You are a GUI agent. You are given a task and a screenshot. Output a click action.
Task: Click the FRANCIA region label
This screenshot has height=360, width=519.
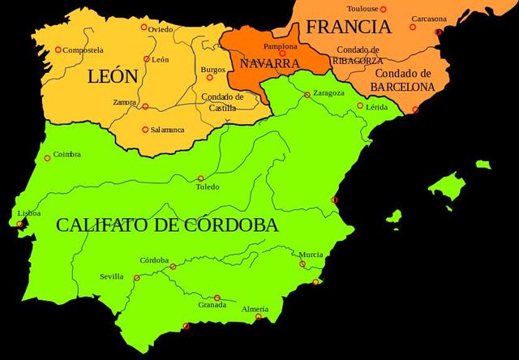pyautogui.click(x=348, y=27)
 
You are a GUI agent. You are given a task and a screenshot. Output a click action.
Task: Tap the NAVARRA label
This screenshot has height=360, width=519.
pyautogui.click(x=266, y=62)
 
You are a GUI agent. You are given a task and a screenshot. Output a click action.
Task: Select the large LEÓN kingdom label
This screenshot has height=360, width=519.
pyautogui.click(x=112, y=79)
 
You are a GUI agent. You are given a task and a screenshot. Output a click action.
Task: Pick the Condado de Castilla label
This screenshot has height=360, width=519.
pyautogui.click(x=219, y=102)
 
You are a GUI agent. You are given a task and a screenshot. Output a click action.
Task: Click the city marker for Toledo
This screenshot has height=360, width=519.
pyautogui.click(x=200, y=178)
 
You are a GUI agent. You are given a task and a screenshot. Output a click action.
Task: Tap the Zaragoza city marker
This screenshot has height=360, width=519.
pyautogui.click(x=307, y=94)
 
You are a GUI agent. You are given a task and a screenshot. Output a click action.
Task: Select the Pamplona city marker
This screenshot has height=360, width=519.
pyautogui.click(x=282, y=54)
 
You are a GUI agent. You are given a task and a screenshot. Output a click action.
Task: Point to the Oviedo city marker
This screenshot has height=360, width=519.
pyautogui.click(x=144, y=27)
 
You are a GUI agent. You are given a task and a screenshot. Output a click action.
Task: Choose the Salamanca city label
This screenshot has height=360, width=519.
pyautogui.click(x=167, y=129)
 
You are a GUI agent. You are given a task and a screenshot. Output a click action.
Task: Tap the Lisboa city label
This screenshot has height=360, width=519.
pyautogui.click(x=28, y=214)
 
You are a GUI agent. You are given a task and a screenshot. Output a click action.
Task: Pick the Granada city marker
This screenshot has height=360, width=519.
pyautogui.click(x=217, y=298)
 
